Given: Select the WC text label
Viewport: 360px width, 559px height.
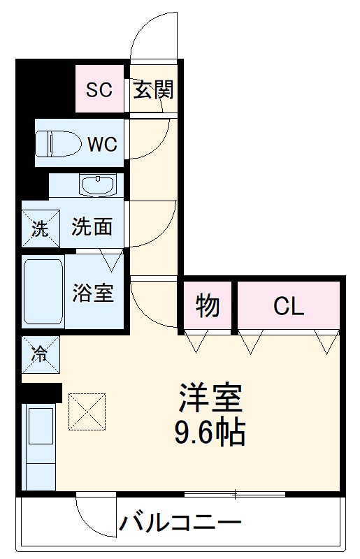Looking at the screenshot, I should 102,144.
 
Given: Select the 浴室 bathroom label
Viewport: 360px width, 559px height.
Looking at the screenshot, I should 92,292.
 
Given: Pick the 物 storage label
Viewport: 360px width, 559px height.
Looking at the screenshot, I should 207,305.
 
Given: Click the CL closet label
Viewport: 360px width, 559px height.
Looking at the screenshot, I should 289,305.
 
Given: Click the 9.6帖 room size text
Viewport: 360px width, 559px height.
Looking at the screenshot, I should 210,433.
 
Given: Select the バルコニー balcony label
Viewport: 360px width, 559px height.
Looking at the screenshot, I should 180,523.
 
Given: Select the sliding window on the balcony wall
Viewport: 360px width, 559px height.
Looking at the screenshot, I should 235,495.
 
